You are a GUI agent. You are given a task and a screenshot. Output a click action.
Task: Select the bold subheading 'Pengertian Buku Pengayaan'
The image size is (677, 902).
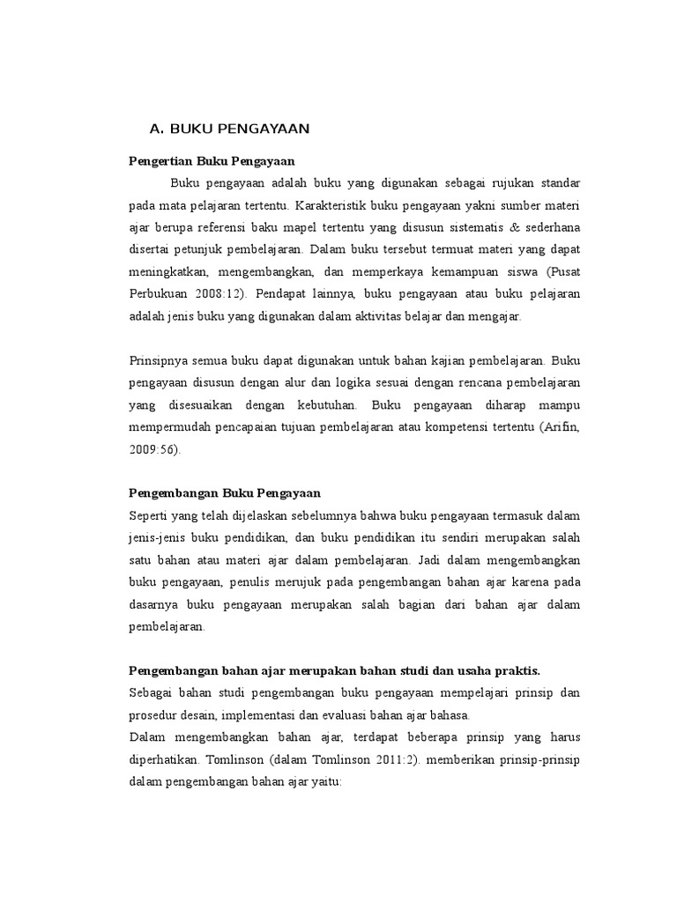pos(212,161)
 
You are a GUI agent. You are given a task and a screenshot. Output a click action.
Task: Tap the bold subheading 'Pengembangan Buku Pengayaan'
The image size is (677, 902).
pos(225,492)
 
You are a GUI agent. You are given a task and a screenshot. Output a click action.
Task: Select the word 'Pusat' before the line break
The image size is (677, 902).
pos(564,273)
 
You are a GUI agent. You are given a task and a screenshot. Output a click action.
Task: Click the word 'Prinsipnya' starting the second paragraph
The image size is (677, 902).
pos(157,360)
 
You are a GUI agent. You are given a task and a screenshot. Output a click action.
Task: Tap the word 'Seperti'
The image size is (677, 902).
pos(147,514)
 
